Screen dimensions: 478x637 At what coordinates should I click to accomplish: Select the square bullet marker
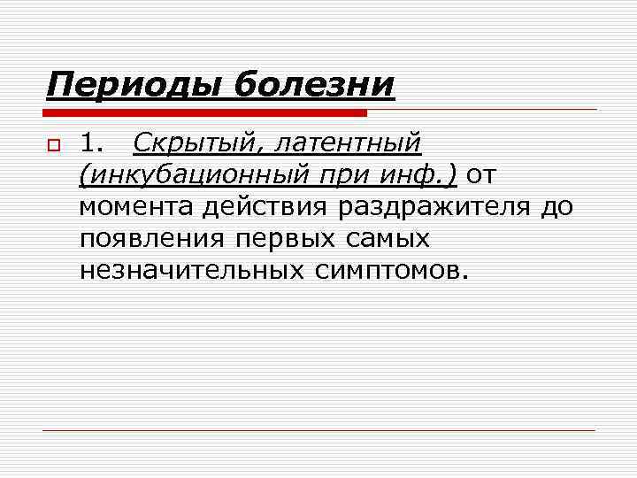point(53,145)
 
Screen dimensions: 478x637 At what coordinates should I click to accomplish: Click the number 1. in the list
point(93,143)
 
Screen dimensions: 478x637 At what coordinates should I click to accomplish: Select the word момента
point(136,207)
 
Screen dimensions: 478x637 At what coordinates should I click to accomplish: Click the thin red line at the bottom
point(318,430)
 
